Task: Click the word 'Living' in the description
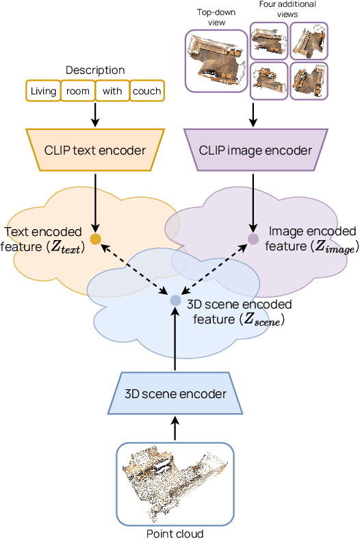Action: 44,91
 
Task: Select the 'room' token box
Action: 78,91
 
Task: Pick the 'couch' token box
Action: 146,91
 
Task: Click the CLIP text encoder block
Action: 95,150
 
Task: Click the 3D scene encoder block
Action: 175,394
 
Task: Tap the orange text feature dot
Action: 95,239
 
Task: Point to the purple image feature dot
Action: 253,239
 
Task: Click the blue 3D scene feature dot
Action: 175,300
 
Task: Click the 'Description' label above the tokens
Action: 95,70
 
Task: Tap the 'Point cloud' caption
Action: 175,533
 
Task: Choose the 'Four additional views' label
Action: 288,9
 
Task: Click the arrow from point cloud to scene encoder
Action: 175,430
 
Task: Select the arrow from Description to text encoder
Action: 95,115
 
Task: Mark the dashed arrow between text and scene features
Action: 135,269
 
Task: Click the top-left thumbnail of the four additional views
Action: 268,40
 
